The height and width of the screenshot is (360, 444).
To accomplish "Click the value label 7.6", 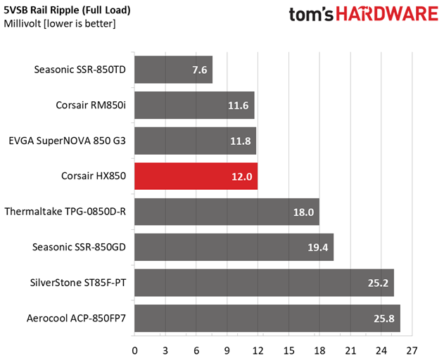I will (x=199, y=70).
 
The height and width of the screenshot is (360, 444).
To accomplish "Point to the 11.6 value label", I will (x=238, y=105).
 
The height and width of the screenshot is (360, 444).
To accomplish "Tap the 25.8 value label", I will (x=384, y=319).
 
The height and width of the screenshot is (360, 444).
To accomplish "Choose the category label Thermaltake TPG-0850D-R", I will (x=65, y=212).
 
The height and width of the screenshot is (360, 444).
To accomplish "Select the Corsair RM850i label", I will (x=91, y=105).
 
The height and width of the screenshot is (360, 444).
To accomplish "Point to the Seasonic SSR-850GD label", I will (x=80, y=247).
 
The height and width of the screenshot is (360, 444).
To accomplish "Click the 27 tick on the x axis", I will (x=412, y=349).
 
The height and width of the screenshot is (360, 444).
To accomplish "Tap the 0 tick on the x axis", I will (x=134, y=349).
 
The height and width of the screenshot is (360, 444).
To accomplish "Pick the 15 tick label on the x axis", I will (x=288, y=349).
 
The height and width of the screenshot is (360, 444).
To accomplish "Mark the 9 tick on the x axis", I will (x=227, y=349).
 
